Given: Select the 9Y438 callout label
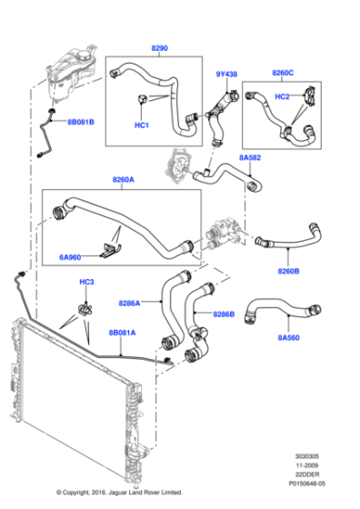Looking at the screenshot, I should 227,75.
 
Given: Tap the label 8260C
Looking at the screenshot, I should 284,75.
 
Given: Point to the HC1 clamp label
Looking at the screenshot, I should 141,125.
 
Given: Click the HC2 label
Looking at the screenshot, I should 282,96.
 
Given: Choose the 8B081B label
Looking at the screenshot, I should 79,122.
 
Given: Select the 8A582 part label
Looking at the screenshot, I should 252,158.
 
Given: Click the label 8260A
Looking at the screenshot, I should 123,181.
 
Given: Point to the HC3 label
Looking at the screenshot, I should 85,283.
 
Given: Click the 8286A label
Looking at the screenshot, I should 131,303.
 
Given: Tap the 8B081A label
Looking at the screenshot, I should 123,334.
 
